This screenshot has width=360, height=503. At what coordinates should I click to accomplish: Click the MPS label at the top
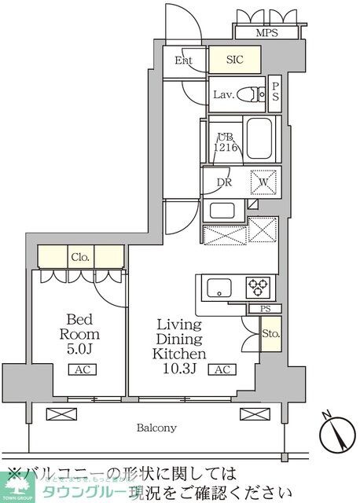click(266, 33)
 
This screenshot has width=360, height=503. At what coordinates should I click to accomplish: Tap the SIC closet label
click(235, 60)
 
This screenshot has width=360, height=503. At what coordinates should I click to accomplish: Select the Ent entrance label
click(184, 61)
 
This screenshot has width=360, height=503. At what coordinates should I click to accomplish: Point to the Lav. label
click(223, 95)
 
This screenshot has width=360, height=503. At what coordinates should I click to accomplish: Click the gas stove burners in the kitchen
click(258, 286)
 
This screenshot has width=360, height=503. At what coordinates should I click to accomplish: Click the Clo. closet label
click(81, 256)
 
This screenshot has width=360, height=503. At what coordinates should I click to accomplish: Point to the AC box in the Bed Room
click(81, 370)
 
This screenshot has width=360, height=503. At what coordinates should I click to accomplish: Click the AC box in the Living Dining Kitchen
click(222, 370)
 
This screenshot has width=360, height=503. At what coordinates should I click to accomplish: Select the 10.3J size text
click(179, 354)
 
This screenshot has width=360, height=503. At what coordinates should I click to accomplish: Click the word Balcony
click(156, 428)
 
